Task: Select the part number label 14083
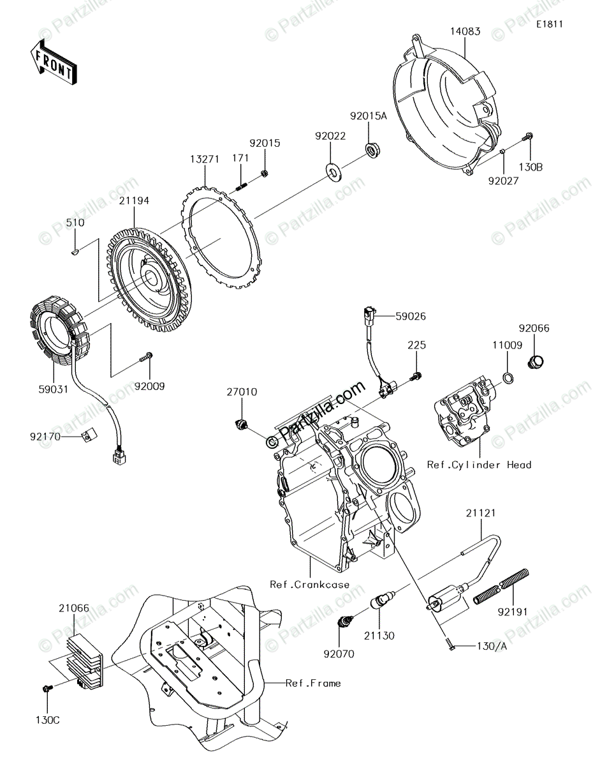tap(466, 31)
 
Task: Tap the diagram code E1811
tap(549, 24)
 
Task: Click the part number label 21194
tap(134, 200)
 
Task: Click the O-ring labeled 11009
tap(507, 378)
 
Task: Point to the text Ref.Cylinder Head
tap(479, 465)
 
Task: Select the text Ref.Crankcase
tap(309, 583)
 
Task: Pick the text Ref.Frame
tap(312, 683)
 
